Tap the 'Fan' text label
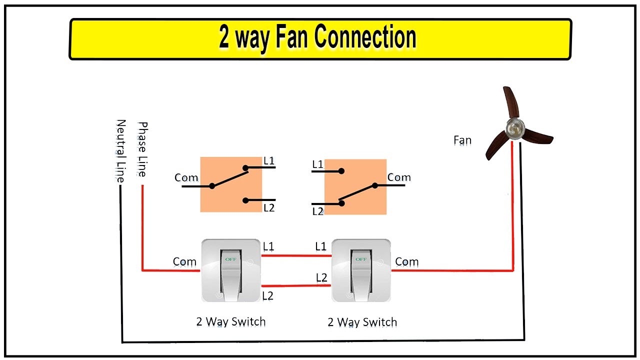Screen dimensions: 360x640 (462, 140)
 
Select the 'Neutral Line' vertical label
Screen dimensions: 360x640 (120, 150)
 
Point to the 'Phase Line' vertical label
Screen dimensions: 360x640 (142, 149)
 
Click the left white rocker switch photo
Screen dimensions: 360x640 (230, 270)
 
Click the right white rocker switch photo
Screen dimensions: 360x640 (361, 270)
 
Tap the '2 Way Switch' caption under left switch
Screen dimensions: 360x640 (230, 321)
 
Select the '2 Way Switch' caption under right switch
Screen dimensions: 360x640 (362, 322)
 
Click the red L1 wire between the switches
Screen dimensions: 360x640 (296, 255)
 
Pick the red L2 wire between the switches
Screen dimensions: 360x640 (296, 286)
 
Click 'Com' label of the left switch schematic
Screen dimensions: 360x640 (186, 177)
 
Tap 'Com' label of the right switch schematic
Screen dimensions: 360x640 (399, 177)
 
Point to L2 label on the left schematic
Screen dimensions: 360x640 (269, 207)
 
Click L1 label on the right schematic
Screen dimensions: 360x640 (318, 164)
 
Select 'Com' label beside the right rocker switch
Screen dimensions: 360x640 (406, 261)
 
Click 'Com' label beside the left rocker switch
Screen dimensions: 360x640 (184, 261)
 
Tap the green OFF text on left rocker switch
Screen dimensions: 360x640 (230, 259)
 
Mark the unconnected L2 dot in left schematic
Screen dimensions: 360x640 (245, 200)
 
